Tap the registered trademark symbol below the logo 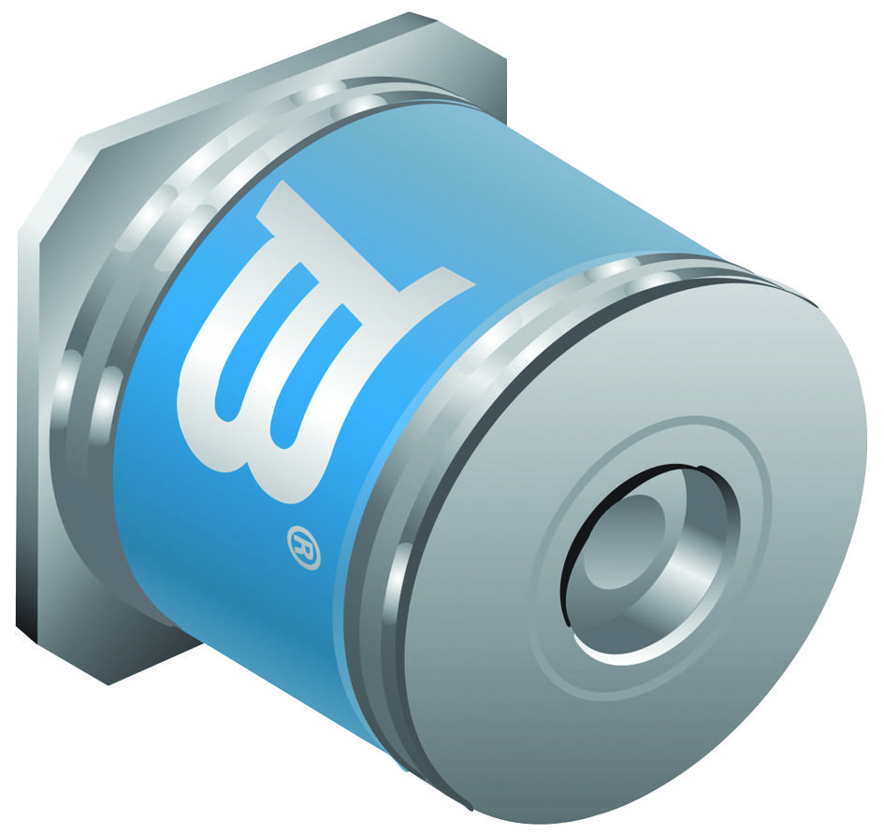point(304,548)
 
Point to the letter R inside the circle point(304,548)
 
